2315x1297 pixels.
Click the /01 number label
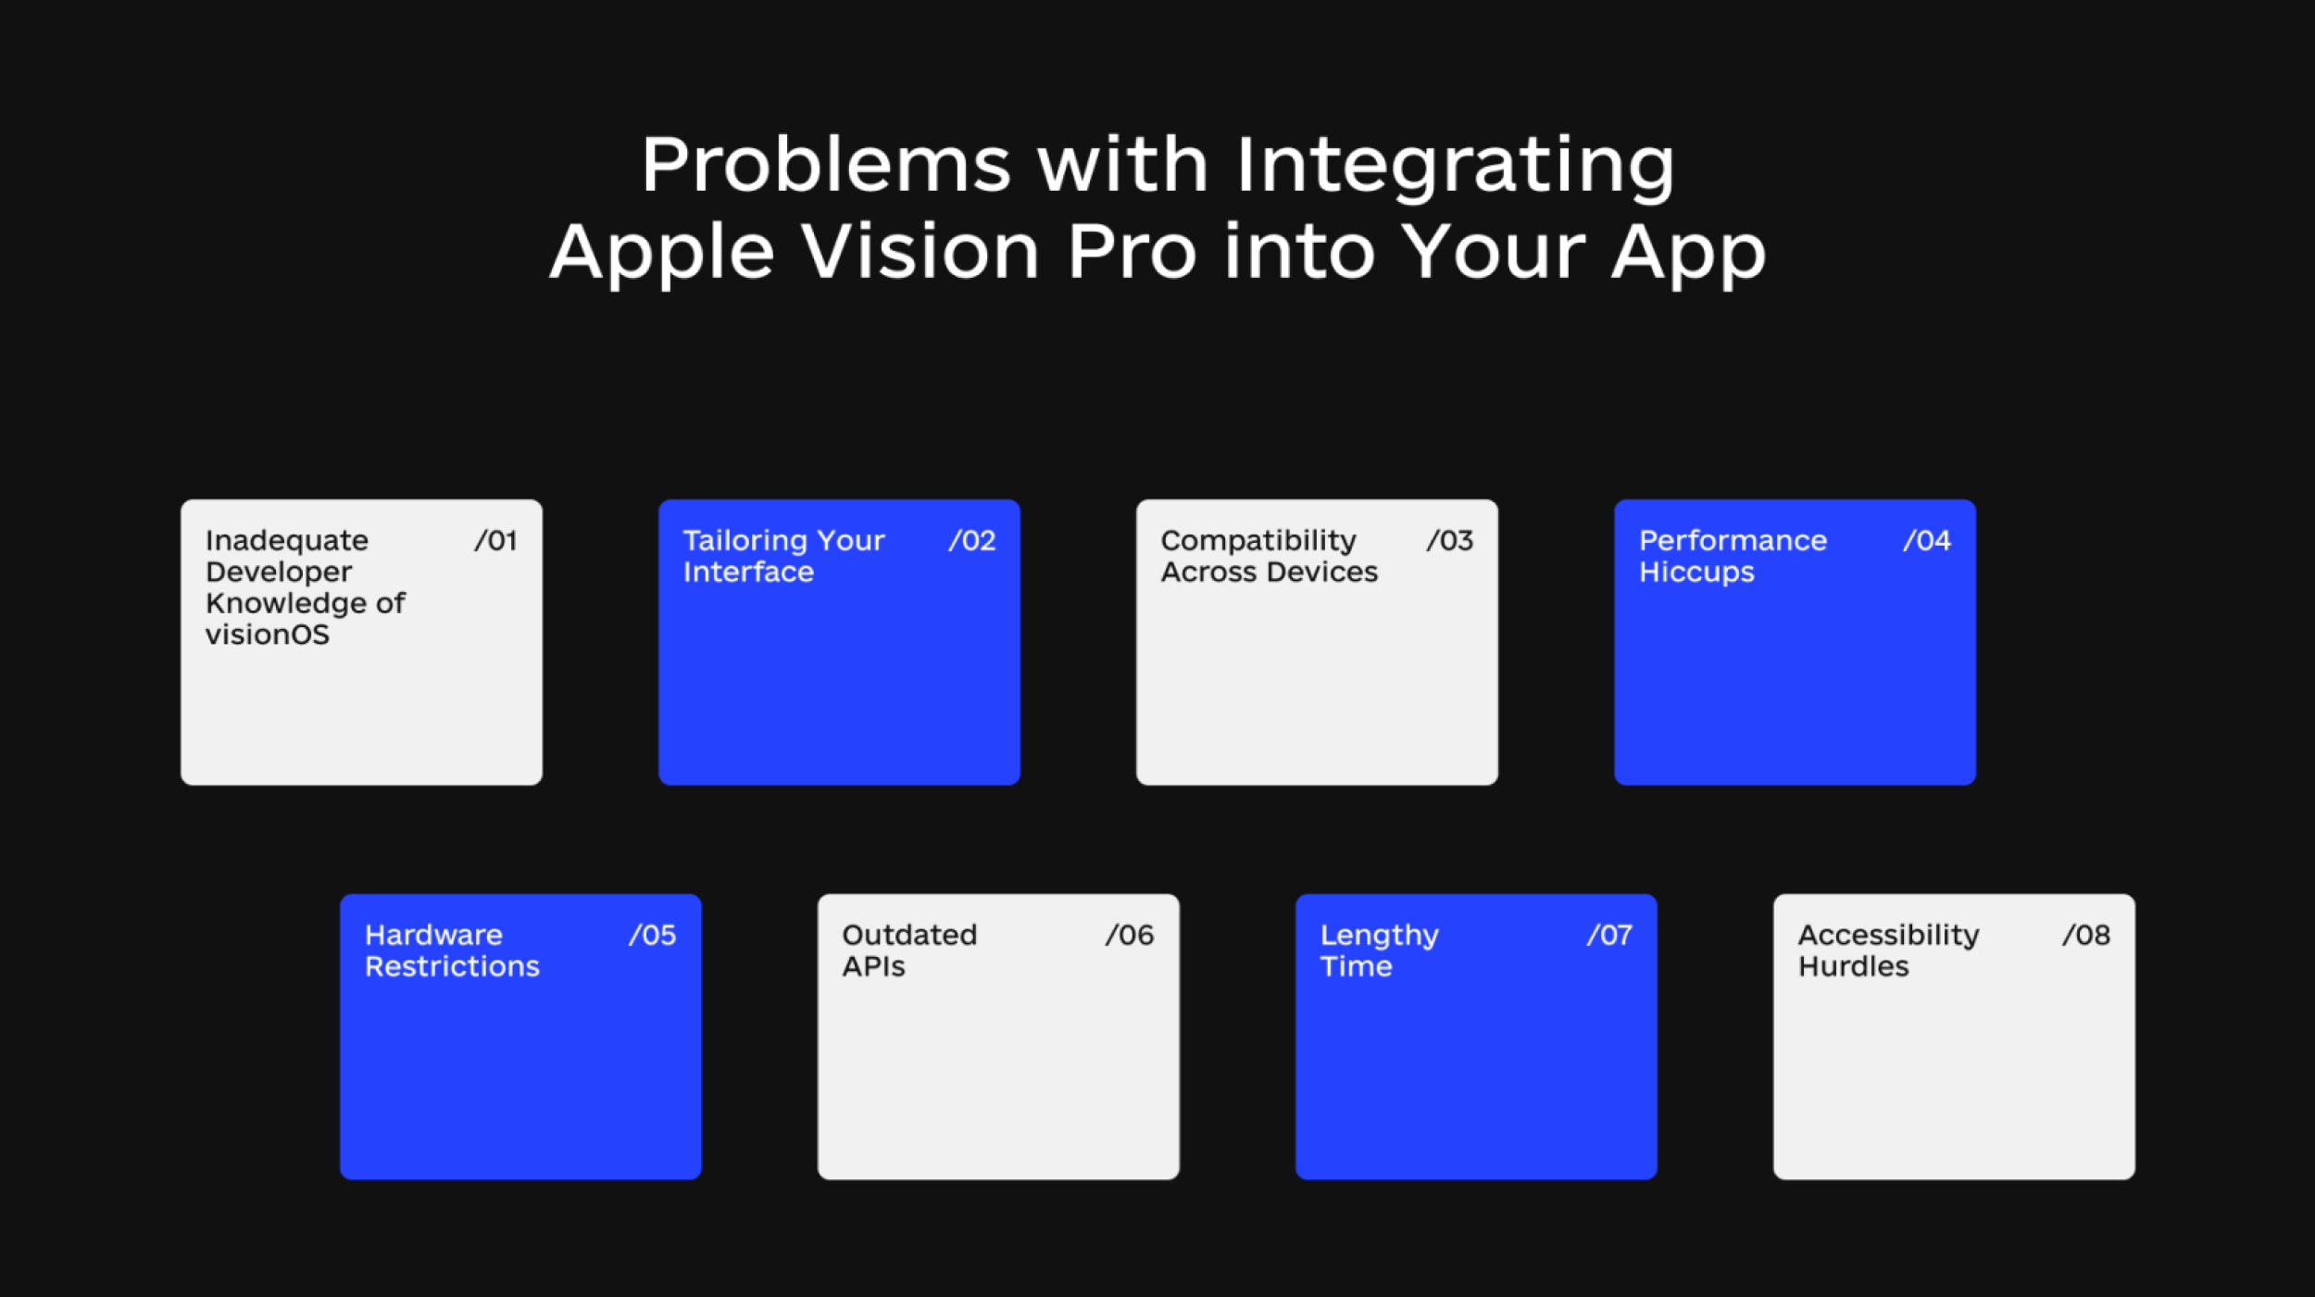[x=495, y=540]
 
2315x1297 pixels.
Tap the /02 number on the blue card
[x=971, y=540]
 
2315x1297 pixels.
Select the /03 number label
[x=1449, y=540]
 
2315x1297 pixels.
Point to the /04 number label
[x=1927, y=540]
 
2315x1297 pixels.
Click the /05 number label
[x=652, y=935]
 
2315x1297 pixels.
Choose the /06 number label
[x=1130, y=935]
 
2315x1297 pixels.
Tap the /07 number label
[x=1609, y=935]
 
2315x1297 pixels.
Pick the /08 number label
[x=2086, y=935]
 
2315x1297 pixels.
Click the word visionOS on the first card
[x=268, y=635]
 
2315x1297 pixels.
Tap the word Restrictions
[x=452, y=966]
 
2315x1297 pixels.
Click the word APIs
[x=873, y=966]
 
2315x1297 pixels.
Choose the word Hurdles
[x=1853, y=966]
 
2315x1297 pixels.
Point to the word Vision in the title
[x=920, y=251]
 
